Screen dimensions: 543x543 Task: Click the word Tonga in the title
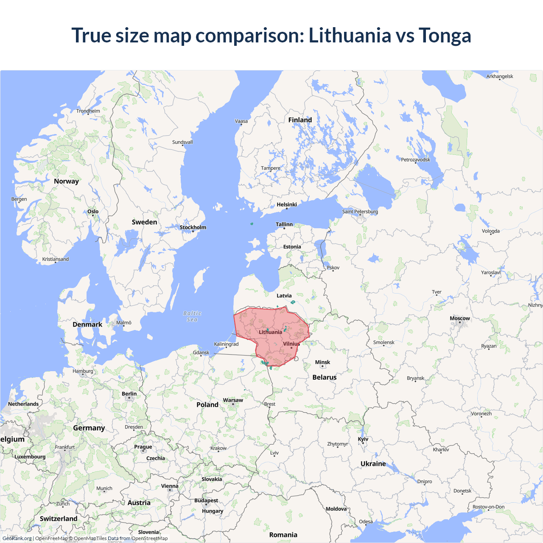click(445, 35)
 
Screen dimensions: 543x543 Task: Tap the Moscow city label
click(459, 318)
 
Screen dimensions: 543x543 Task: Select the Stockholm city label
click(193, 227)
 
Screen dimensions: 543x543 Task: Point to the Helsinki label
click(287, 204)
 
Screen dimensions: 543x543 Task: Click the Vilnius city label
click(291, 344)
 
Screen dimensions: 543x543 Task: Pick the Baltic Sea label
click(192, 316)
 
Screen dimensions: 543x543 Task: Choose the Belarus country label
click(325, 377)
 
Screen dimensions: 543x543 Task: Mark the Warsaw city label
click(233, 400)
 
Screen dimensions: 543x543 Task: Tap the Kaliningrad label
click(226, 344)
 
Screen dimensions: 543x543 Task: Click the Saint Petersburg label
click(360, 211)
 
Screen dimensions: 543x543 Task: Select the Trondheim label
click(88, 111)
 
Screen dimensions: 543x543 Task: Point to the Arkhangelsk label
click(500, 76)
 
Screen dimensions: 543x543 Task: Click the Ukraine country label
click(373, 464)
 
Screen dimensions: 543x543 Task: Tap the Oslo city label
click(93, 211)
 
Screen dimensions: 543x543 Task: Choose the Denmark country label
click(87, 325)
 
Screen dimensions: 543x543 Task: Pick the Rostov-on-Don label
click(488, 507)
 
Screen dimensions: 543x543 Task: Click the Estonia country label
click(292, 246)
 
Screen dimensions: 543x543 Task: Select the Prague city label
click(143, 447)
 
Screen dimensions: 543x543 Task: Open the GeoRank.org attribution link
click(17, 538)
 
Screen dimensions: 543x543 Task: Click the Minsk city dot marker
click(322, 367)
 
